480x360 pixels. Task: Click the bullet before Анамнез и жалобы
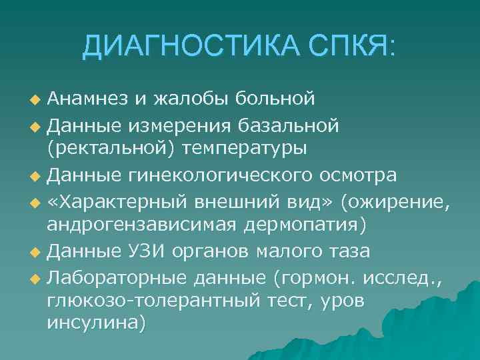pos(36,101)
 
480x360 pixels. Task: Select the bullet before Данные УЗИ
pos(36,251)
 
